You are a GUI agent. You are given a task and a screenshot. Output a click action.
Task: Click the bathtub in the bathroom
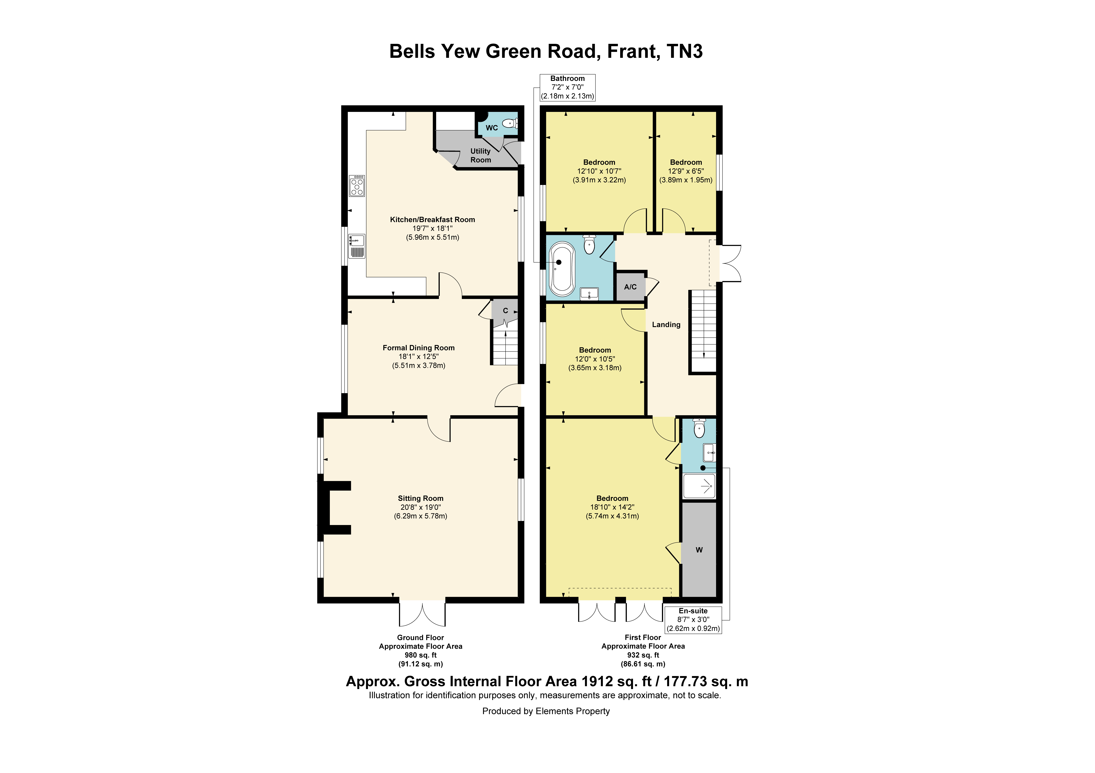562,269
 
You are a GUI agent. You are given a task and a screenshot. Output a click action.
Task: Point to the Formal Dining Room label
419,348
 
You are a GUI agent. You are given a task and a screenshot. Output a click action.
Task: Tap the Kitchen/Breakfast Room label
433,220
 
